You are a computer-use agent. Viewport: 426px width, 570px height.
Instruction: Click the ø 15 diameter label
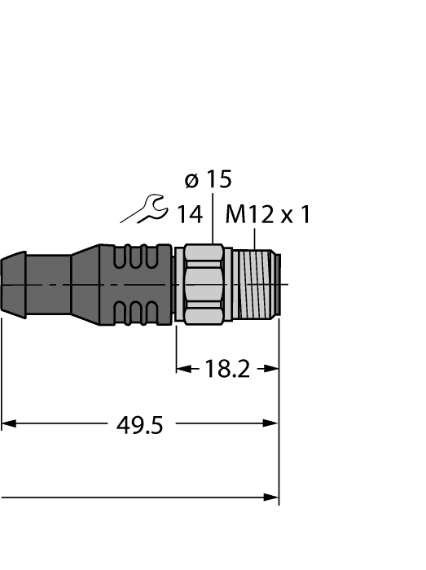[208, 179]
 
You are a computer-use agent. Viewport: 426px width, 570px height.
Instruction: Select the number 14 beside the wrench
[190, 214]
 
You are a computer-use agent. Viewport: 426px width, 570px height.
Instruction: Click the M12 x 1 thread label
[268, 214]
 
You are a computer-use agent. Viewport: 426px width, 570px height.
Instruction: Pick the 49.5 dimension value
[136, 424]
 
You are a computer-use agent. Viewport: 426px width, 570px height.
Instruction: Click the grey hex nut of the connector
[201, 285]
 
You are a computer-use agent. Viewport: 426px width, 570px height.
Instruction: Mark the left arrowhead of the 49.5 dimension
[8, 423]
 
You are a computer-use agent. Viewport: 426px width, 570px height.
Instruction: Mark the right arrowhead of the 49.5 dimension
[273, 423]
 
